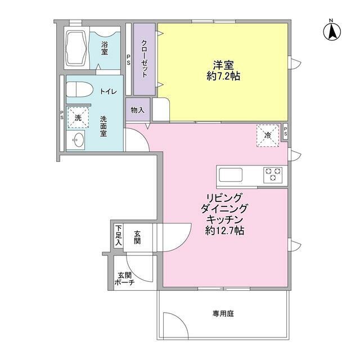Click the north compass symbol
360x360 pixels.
(332, 31)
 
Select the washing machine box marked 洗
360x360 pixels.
(78, 118)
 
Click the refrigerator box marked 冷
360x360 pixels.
(268, 135)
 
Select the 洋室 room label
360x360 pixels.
(223, 64)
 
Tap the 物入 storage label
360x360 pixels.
(137, 110)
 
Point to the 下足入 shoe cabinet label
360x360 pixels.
(119, 235)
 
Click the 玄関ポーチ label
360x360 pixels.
(125, 279)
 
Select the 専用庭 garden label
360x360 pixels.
(223, 313)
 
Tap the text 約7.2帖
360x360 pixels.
(223, 76)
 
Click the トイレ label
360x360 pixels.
(109, 91)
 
